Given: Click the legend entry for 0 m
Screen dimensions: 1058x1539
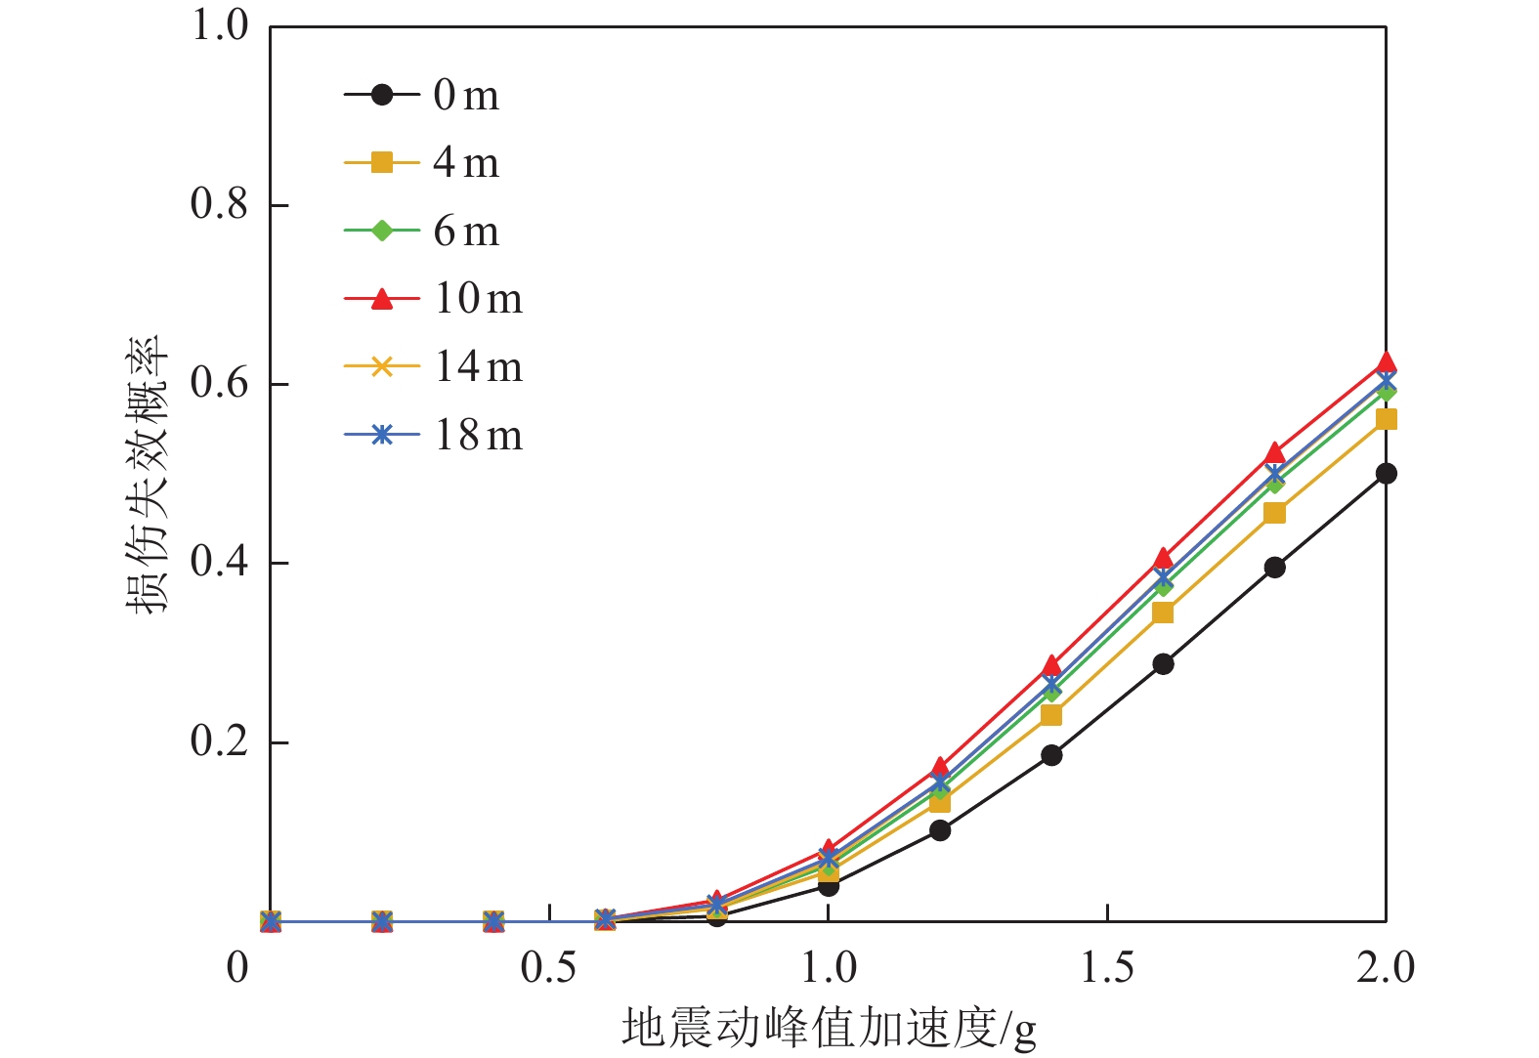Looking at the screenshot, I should [465, 95].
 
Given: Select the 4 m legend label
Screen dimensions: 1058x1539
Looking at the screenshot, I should [465, 163].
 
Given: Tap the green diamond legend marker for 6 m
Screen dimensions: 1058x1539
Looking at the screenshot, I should [382, 231].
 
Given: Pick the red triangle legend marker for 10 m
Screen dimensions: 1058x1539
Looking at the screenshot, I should [382, 298].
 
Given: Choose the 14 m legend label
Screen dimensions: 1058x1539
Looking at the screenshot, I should [478, 367].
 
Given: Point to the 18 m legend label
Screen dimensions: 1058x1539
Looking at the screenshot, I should [478, 436].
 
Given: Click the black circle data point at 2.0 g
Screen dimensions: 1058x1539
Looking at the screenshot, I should [1386, 474].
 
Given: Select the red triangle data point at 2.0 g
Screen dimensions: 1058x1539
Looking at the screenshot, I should [1386, 363].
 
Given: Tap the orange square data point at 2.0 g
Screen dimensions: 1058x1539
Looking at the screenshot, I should [1386, 420].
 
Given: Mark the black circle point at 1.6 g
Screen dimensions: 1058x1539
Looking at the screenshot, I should [1163, 664].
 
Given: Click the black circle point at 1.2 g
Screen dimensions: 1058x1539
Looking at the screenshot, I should [940, 830].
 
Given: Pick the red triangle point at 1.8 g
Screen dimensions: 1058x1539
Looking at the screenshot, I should [1274, 453].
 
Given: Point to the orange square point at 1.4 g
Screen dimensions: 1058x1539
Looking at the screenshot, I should [1051, 715].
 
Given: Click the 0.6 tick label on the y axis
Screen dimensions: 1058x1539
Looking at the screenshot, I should [220, 384].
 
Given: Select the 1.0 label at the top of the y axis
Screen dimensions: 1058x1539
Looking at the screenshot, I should [220, 26].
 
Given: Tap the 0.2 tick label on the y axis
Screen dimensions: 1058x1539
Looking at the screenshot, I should [220, 741].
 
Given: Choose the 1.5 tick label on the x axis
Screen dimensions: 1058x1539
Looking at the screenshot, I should [1107, 968].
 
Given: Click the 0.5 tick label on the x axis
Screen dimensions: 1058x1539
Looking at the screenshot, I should [549, 968].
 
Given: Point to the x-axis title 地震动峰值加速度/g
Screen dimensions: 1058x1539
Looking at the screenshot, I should [829, 1029].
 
